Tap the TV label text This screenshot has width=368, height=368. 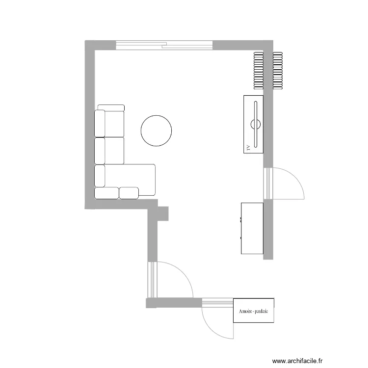tap(248, 148)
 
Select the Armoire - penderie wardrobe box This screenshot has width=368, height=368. tap(254, 311)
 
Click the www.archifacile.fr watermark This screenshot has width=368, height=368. tap(297, 361)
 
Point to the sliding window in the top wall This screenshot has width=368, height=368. tap(164, 45)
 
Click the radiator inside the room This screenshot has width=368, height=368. tap(259, 71)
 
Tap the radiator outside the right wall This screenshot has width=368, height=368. tap(278, 71)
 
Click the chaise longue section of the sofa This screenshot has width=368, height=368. tap(130, 180)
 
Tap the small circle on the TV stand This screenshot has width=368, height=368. tap(256, 125)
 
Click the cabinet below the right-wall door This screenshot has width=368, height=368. tap(252, 228)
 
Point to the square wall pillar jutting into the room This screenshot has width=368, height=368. tap(163, 213)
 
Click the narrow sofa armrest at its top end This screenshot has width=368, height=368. tap(111, 108)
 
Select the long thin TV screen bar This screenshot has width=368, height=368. tap(256, 124)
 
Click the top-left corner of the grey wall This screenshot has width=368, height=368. tap(85, 41)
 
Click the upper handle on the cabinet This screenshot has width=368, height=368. tap(241, 219)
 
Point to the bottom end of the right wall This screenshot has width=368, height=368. tap(268, 259)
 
